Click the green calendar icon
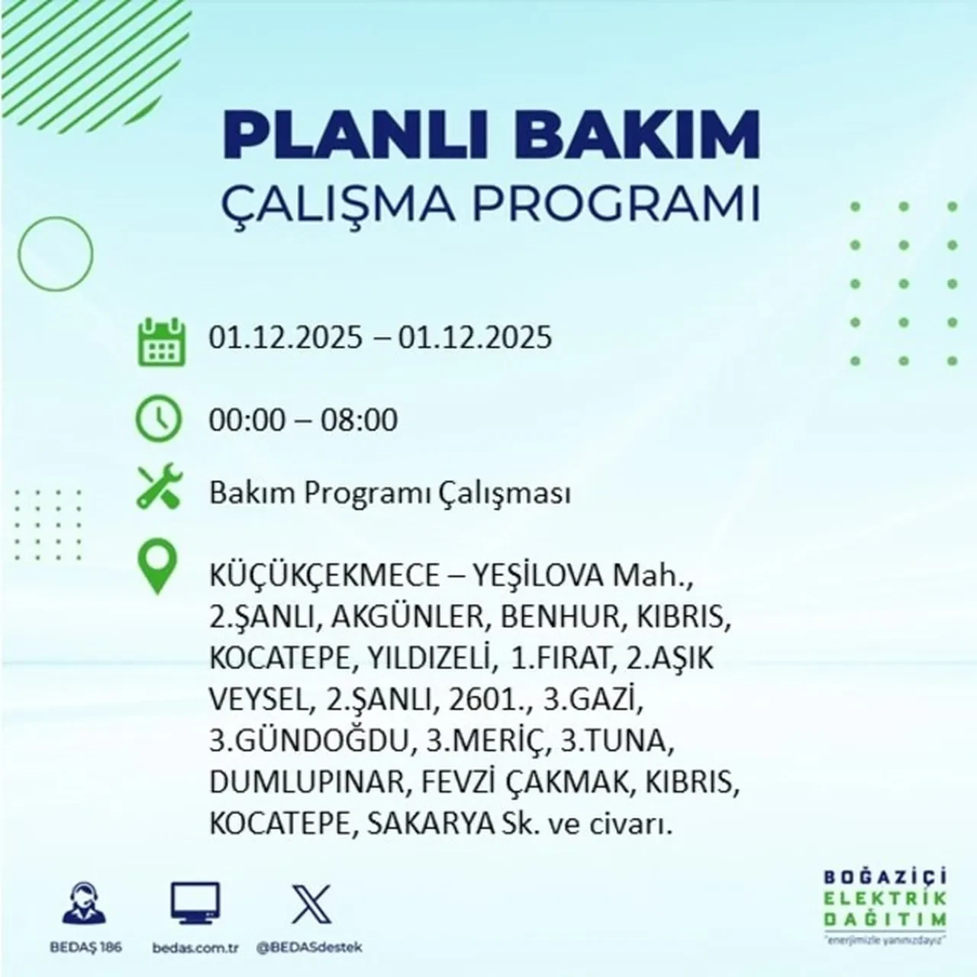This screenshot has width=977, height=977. pyautogui.click(x=161, y=340)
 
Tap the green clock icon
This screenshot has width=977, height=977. pyautogui.click(x=158, y=419)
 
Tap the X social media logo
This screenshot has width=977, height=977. pyautogui.click(x=311, y=904)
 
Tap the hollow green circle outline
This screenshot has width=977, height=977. pyautogui.click(x=56, y=253)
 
